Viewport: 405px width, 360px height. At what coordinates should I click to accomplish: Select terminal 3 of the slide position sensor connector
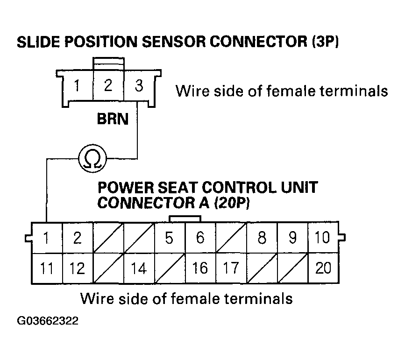pos(139,86)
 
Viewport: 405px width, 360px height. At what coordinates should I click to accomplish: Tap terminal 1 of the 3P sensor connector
pos(77,86)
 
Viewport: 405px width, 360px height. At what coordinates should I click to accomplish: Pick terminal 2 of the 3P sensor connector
pos(108,86)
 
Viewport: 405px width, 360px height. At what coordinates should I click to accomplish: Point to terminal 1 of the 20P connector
pos(46,238)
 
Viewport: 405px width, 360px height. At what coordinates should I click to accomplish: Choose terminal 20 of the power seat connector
pos(323,268)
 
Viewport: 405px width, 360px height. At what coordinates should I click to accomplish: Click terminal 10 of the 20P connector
pos(323,238)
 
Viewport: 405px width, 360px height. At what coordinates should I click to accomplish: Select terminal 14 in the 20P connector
pos(139,268)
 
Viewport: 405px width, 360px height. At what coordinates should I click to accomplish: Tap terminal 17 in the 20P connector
pos(231,268)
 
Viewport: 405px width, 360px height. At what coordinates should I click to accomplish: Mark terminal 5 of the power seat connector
pos(169,238)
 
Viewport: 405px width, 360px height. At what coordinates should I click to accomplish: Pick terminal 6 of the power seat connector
pos(200,238)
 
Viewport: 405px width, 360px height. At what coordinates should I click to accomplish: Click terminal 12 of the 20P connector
pos(77,268)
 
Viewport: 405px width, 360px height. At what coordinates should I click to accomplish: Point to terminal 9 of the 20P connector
pos(292,238)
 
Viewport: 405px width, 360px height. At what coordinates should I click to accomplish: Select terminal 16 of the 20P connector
pos(200,268)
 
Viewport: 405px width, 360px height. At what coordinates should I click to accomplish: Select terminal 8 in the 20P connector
pos(262,238)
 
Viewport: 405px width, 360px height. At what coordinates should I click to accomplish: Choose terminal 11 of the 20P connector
pos(46,268)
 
